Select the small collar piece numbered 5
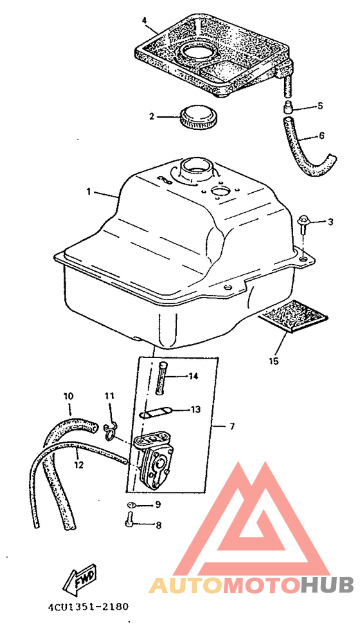(x=288, y=107)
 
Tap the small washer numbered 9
(x=132, y=505)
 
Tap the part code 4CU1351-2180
(x=89, y=607)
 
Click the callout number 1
(x=89, y=192)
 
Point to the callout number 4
(x=145, y=19)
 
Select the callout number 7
(x=232, y=426)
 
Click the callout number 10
(x=69, y=396)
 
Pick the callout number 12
(x=78, y=465)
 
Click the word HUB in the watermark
(x=327, y=584)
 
